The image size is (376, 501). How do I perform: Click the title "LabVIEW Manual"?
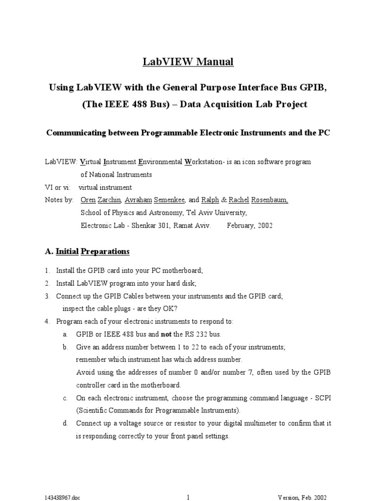point(188,62)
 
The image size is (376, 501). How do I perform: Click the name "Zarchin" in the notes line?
point(109,200)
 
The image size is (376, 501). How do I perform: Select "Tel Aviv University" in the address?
point(215,213)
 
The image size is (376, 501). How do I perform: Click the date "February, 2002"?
point(250,226)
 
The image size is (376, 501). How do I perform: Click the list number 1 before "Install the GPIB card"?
point(47,271)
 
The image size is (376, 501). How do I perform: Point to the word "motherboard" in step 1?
point(181,271)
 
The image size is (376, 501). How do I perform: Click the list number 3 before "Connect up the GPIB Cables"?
point(47,296)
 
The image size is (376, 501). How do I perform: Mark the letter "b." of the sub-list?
point(65,347)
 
